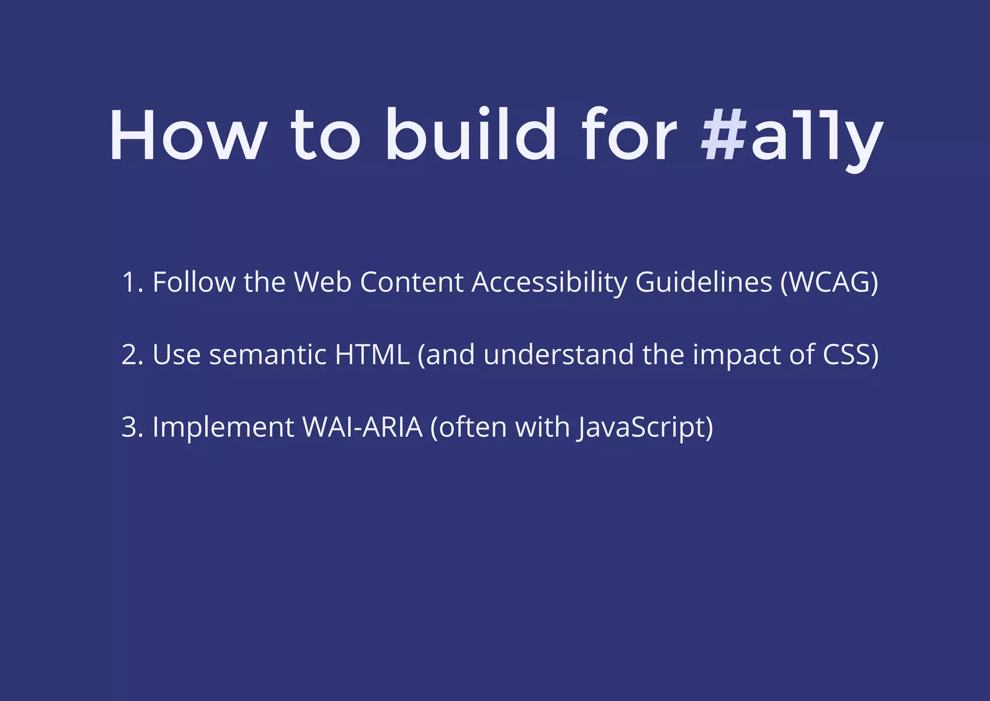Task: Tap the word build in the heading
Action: pyautogui.click(x=471, y=135)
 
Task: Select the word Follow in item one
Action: pyautogui.click(x=194, y=282)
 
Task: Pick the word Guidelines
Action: pyautogui.click(x=703, y=282)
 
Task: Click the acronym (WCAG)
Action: pyautogui.click(x=829, y=282)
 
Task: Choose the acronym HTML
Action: pyautogui.click(x=372, y=355)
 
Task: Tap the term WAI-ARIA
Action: pyautogui.click(x=362, y=427)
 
